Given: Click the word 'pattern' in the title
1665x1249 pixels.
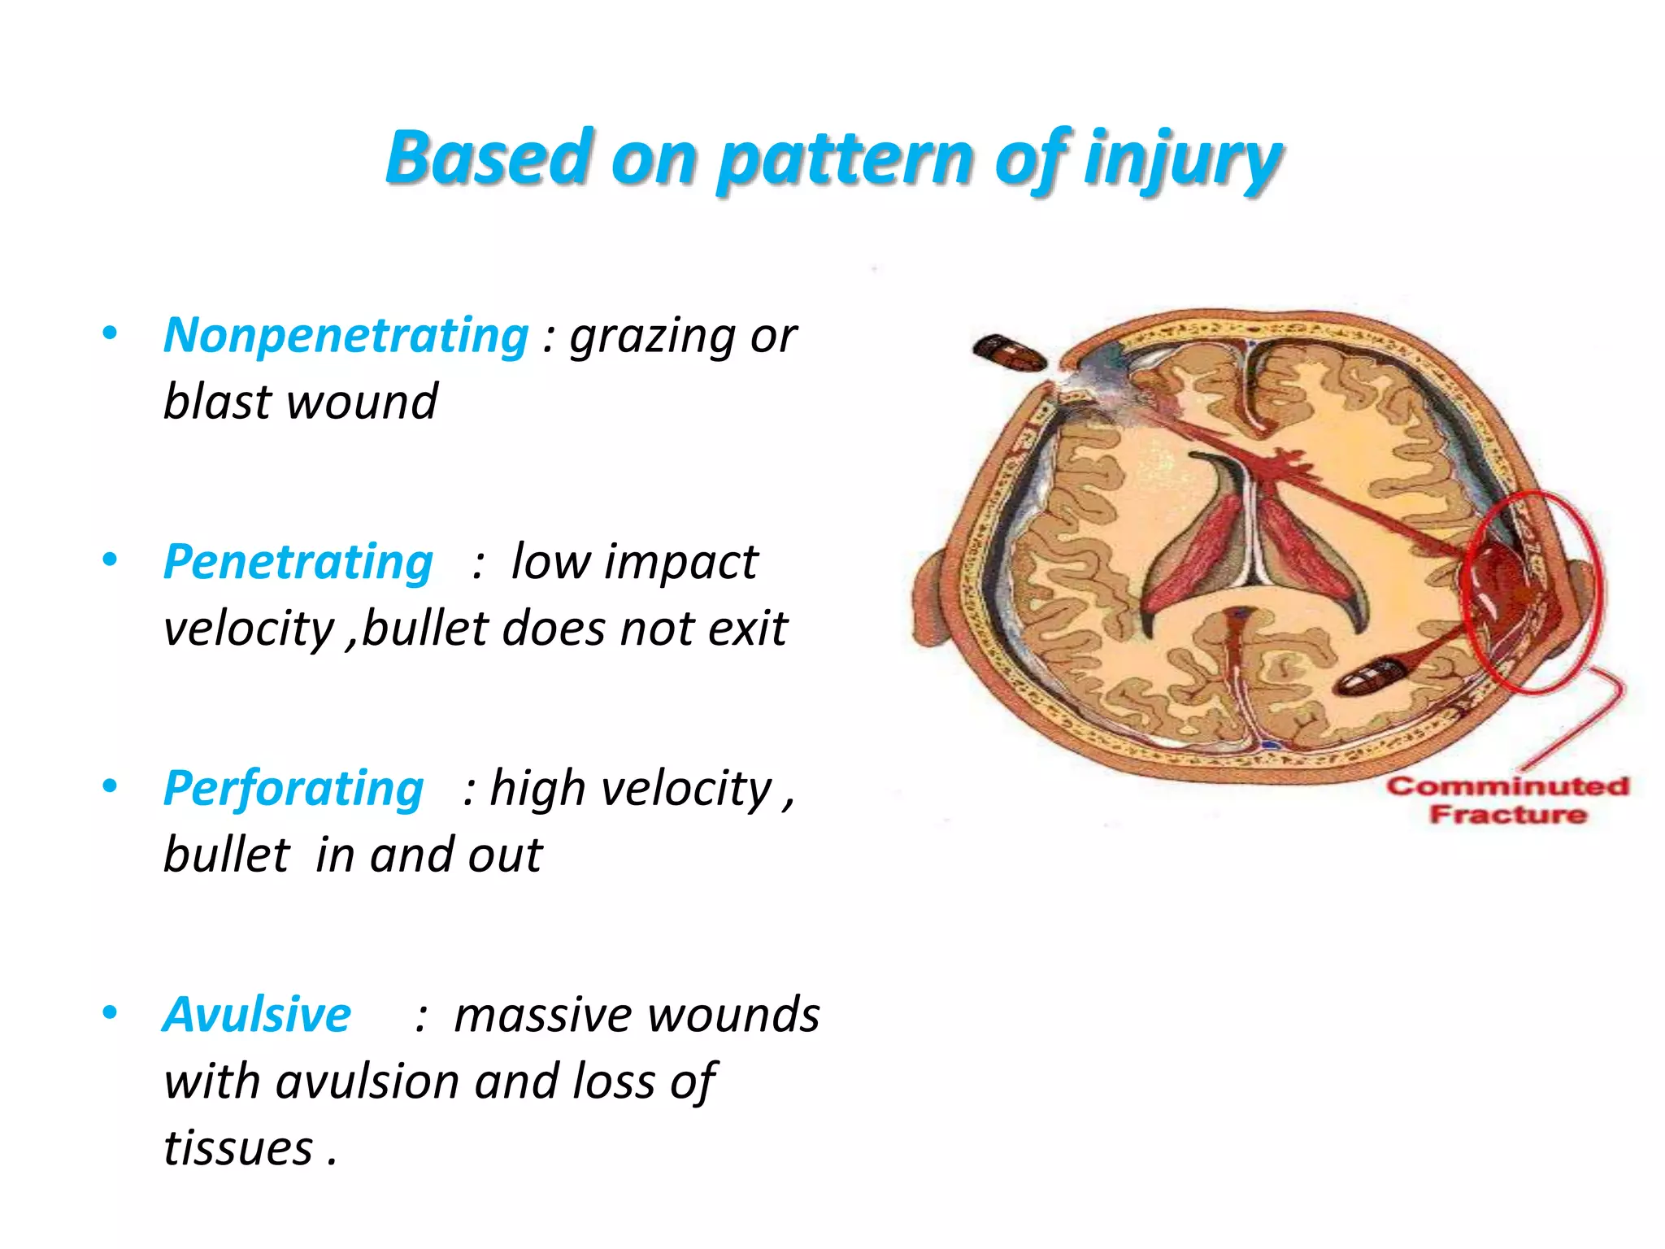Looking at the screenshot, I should tap(846, 159).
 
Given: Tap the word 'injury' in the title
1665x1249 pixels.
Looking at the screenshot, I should tap(1183, 159).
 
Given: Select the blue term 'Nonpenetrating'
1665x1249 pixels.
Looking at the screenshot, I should tap(346, 336).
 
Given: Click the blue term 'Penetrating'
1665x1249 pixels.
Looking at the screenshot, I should tap(298, 562).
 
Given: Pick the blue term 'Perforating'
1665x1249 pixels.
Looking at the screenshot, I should tap(293, 789).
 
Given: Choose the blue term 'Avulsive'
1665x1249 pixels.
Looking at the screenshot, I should tap(257, 1015).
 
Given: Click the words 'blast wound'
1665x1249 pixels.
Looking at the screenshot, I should tap(300, 402).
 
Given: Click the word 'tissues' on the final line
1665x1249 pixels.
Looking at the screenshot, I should tap(238, 1148).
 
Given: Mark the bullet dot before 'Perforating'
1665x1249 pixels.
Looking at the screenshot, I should tap(110, 786).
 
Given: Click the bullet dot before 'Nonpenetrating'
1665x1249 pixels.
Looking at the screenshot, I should tap(110, 333).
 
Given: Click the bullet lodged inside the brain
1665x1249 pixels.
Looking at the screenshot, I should tap(1372, 677).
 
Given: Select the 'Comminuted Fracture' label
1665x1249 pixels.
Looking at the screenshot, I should tap(1508, 800).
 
